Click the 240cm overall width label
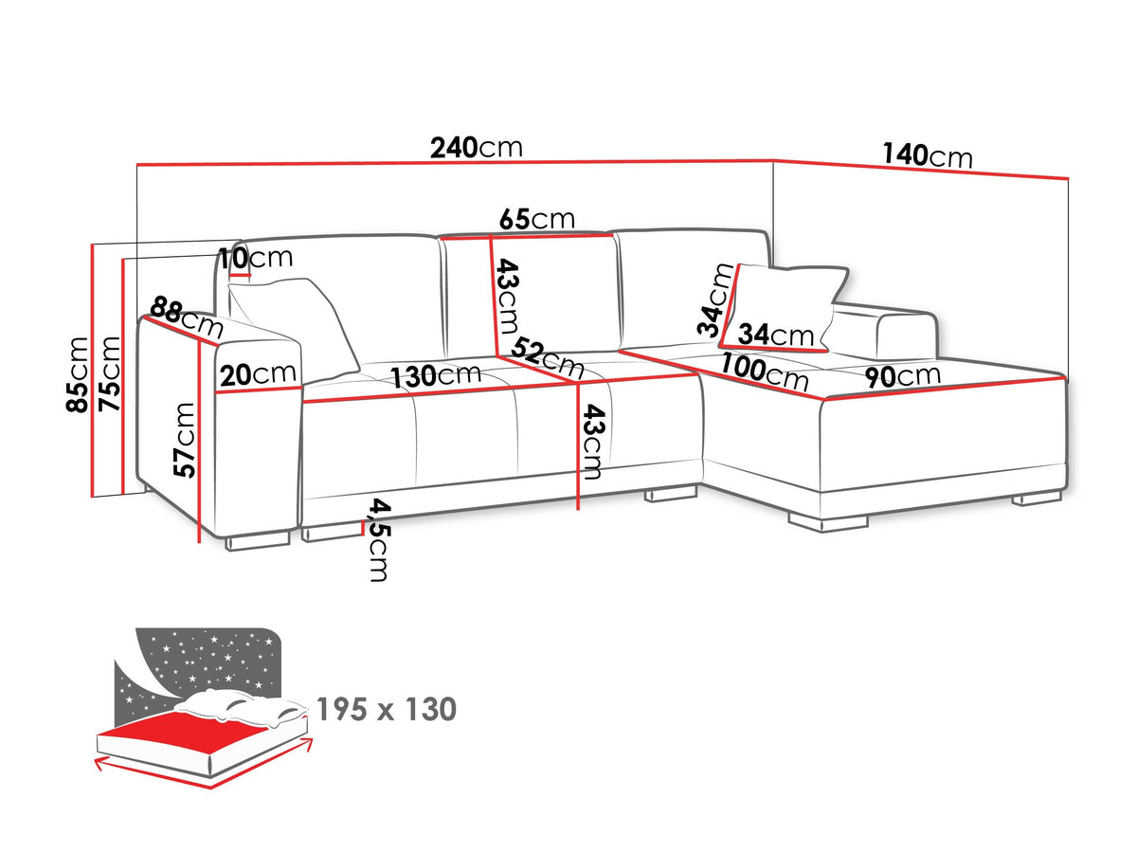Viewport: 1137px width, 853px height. point(476,148)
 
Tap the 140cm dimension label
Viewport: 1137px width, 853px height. point(927,155)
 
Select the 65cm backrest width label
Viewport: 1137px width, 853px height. point(537,219)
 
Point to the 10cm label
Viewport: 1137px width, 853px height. point(256,258)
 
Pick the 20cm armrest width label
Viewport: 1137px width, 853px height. point(258,374)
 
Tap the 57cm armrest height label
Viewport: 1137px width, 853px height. point(185,440)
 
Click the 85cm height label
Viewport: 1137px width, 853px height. point(79,374)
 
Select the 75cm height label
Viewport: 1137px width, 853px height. point(109,374)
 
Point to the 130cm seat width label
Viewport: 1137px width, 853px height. point(436,376)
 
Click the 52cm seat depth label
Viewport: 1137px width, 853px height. point(548,357)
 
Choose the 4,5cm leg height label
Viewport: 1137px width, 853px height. point(379,540)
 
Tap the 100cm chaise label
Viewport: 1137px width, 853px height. point(764,372)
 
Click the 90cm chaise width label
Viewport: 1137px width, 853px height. point(903,376)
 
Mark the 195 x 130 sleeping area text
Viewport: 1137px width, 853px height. point(387,709)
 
